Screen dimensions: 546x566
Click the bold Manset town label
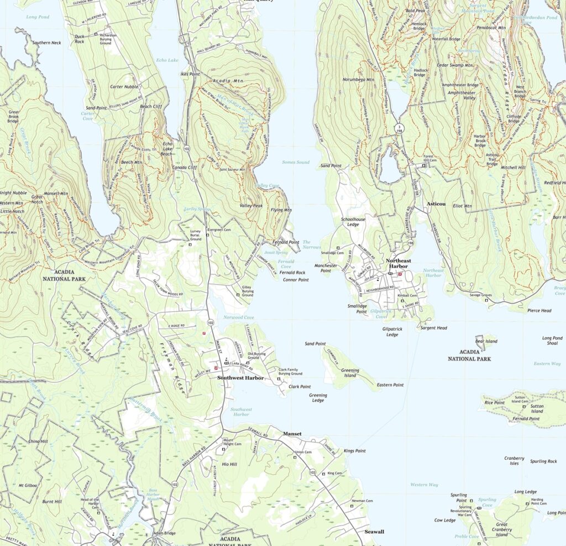292,434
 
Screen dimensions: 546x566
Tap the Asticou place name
436,204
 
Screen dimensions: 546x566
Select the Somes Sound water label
296,162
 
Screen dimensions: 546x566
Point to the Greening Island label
349,373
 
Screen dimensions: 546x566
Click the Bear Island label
486,341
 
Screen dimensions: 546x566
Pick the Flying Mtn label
281,210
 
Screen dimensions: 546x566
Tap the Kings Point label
354,451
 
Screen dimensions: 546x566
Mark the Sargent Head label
433,328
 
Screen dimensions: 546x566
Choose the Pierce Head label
539,310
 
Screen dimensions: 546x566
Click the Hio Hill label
229,464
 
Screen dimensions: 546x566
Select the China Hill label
38,441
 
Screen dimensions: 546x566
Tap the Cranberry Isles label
514,461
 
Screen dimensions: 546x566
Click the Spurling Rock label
543,461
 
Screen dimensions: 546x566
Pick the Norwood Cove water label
239,318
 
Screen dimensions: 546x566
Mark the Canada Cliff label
185,167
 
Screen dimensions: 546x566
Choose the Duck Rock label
80,39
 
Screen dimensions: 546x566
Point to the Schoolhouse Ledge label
353,222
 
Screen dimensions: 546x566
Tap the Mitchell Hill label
513,167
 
